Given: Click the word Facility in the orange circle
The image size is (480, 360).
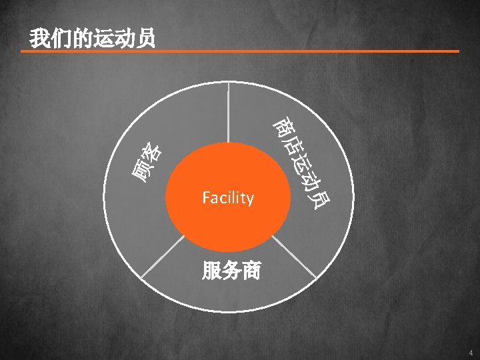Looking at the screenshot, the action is coord(228,198).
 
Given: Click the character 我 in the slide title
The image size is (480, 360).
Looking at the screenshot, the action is coord(38,39).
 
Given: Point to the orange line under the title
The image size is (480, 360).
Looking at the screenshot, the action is coord(240,51).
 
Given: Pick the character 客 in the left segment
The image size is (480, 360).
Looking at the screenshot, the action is coord(154,153).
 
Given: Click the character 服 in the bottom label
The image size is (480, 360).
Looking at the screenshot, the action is coord(211,271).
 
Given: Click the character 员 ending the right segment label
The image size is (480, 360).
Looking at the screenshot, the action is coord(319,197).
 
